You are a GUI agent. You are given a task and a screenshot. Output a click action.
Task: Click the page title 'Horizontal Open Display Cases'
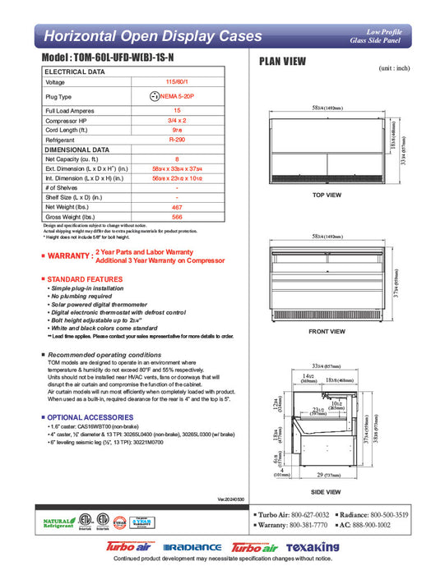tap(153, 36)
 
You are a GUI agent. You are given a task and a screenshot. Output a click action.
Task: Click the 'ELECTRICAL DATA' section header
tap(75, 72)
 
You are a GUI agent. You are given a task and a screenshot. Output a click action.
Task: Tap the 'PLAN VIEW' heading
tap(284, 61)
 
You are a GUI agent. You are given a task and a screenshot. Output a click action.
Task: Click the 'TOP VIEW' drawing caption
tap(327, 195)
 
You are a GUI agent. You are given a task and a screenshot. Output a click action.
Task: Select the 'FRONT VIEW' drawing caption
tap(327, 332)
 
